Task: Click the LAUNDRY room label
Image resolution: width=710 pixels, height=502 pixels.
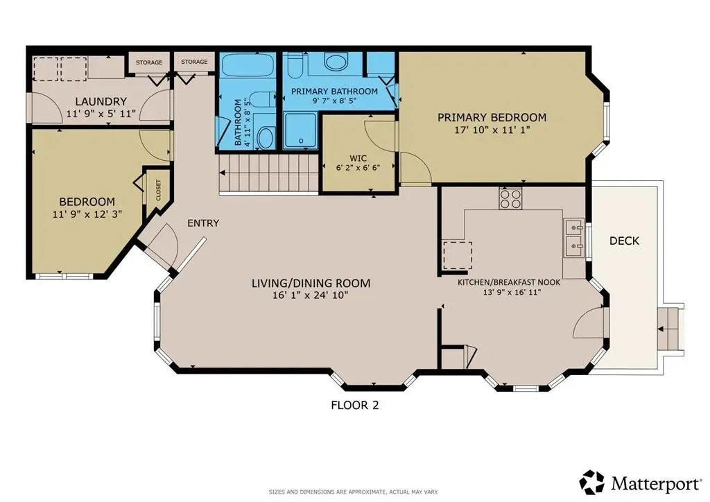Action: (x=101, y=101)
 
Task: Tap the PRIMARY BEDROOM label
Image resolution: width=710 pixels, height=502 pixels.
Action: (x=492, y=117)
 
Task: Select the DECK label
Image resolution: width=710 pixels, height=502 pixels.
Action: (x=624, y=241)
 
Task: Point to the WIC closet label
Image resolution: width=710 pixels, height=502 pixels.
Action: (x=358, y=158)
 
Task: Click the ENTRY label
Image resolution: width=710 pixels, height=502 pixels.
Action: (x=203, y=223)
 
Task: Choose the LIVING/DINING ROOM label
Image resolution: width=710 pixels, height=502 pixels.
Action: (x=311, y=283)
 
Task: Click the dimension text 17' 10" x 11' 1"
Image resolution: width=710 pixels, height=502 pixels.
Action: (x=492, y=131)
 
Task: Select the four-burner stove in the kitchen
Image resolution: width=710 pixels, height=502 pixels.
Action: (x=510, y=199)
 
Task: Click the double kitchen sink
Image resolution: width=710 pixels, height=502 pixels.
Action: (x=574, y=235)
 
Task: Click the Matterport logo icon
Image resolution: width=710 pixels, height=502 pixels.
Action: (x=592, y=482)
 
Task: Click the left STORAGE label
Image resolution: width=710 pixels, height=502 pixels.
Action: (x=148, y=62)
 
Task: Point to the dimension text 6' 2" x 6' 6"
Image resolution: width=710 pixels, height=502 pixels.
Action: (x=358, y=168)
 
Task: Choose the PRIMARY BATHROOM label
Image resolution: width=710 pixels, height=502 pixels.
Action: (x=334, y=92)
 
